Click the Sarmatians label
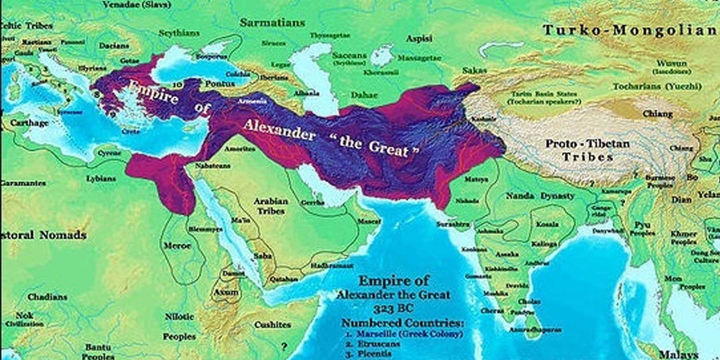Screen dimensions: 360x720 pyautogui.click(x=272, y=23)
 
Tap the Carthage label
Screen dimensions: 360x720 pyautogui.click(x=29, y=123)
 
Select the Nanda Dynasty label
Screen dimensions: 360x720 pyautogui.click(x=540, y=196)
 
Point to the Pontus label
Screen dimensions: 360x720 pyautogui.click(x=220, y=84)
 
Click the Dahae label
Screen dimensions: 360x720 pyautogui.click(x=364, y=95)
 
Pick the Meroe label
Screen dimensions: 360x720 pyautogui.click(x=177, y=246)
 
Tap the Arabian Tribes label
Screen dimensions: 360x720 pyautogui.click(x=271, y=206)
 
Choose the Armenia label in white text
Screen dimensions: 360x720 pyautogui.click(x=252, y=102)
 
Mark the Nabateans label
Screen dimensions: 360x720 pyautogui.click(x=212, y=166)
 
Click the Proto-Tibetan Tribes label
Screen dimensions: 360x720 pyautogui.click(x=588, y=150)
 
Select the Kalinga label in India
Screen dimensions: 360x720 pyautogui.click(x=544, y=244)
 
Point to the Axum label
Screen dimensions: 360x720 pyautogui.click(x=226, y=292)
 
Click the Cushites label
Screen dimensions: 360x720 pyautogui.click(x=272, y=325)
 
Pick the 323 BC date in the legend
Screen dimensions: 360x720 pyautogui.click(x=393, y=309)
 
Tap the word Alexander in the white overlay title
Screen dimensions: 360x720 pyautogui.click(x=279, y=130)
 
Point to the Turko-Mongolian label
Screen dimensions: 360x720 pyautogui.click(x=630, y=30)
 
